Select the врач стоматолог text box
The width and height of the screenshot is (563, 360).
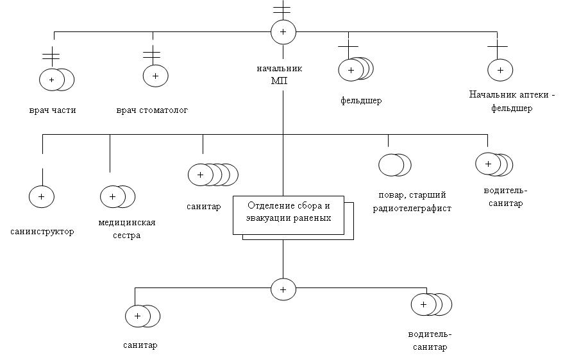tap(152, 110)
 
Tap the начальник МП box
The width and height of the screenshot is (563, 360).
tap(279, 74)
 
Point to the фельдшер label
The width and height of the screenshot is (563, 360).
tap(362, 100)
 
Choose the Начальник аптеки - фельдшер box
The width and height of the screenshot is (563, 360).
tap(511, 101)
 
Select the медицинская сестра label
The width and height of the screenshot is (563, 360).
tap(128, 228)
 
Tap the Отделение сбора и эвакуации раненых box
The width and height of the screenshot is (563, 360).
tap(289, 212)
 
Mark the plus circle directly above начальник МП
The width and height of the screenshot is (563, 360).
tap(283, 31)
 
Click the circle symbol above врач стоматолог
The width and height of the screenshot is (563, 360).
tap(155, 76)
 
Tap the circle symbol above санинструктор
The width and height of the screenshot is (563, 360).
tap(42, 196)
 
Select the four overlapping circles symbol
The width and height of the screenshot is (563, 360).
tap(212, 175)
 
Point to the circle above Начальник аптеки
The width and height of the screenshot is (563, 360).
tap(500, 69)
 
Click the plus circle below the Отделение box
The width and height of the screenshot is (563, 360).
tap(283, 289)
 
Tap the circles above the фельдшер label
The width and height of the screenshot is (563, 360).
tap(356, 69)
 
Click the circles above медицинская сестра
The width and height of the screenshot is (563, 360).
tap(117, 196)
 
